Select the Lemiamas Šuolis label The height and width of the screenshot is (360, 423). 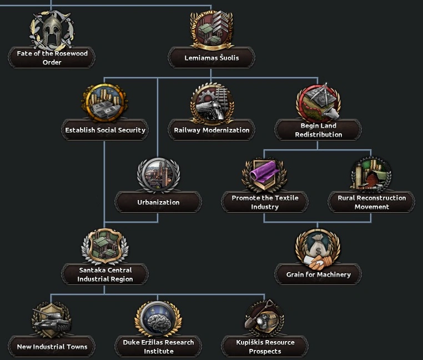211,57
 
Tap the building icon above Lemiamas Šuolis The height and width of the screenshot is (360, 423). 211,29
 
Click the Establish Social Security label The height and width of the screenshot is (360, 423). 105,130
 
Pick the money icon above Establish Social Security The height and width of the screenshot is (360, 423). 105,102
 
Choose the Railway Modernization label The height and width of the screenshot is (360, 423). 211,130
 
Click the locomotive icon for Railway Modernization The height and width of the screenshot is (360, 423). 211,103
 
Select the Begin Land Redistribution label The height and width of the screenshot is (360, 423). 319,130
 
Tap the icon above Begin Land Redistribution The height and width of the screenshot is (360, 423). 319,102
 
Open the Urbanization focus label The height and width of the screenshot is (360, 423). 158,202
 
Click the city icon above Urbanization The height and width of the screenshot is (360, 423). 158,175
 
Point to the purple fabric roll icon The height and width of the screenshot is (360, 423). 265,173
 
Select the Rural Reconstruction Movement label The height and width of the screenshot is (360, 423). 371,202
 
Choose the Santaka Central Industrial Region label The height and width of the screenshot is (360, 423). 105,274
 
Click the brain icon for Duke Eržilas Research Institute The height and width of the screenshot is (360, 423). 158,319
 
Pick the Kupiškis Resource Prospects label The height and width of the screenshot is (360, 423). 265,347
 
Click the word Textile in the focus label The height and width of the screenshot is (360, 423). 283,198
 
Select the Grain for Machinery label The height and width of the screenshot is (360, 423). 318,274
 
